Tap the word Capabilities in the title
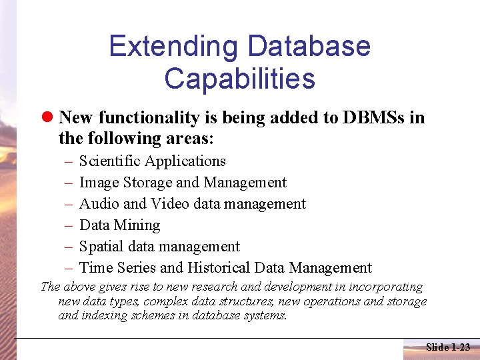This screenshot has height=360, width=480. point(239,78)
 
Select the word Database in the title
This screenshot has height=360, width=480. point(309,47)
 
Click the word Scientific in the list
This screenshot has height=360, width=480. point(109,161)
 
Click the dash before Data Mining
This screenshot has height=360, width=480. point(69,225)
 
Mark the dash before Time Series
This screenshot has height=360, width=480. point(69,268)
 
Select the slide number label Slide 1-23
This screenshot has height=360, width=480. point(447,347)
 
